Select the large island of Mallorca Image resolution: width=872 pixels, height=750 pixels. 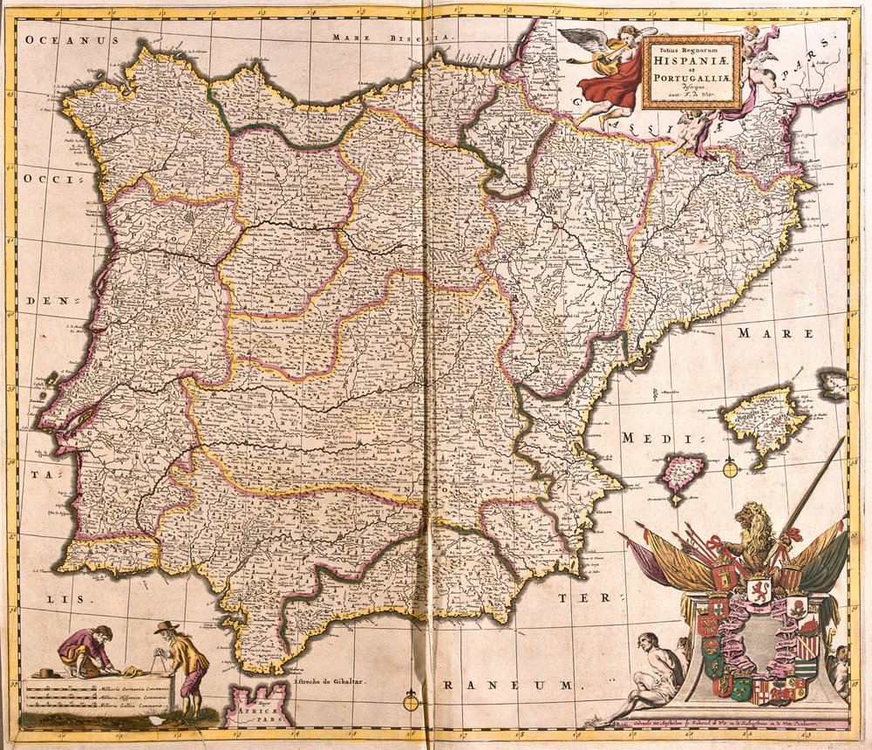pos(765,423)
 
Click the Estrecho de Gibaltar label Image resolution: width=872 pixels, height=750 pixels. pos(326,680)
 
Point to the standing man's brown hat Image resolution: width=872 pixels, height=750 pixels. pos(165,627)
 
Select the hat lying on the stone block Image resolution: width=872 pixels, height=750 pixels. pos(46,672)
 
